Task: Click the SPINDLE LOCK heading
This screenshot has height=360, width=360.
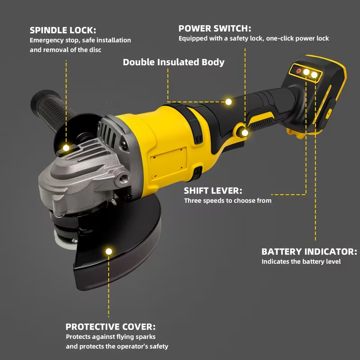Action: point(63,30)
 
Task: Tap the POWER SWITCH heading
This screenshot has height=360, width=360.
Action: point(215,28)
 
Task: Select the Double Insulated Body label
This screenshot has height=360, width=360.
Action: point(173,62)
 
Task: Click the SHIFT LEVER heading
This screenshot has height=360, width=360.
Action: point(213,190)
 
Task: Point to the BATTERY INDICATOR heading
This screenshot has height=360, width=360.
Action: point(309,252)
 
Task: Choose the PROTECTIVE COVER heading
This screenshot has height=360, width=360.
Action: point(111,327)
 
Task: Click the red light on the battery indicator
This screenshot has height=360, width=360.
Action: point(298,71)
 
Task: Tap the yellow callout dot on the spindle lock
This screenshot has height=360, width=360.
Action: point(66,148)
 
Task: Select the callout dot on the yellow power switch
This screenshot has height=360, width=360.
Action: point(245,133)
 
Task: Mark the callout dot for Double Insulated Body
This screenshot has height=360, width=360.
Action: point(229,102)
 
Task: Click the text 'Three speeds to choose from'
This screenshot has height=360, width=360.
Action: point(228,201)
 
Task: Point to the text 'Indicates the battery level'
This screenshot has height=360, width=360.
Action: point(301,261)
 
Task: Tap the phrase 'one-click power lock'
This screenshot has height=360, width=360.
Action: point(297,39)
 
